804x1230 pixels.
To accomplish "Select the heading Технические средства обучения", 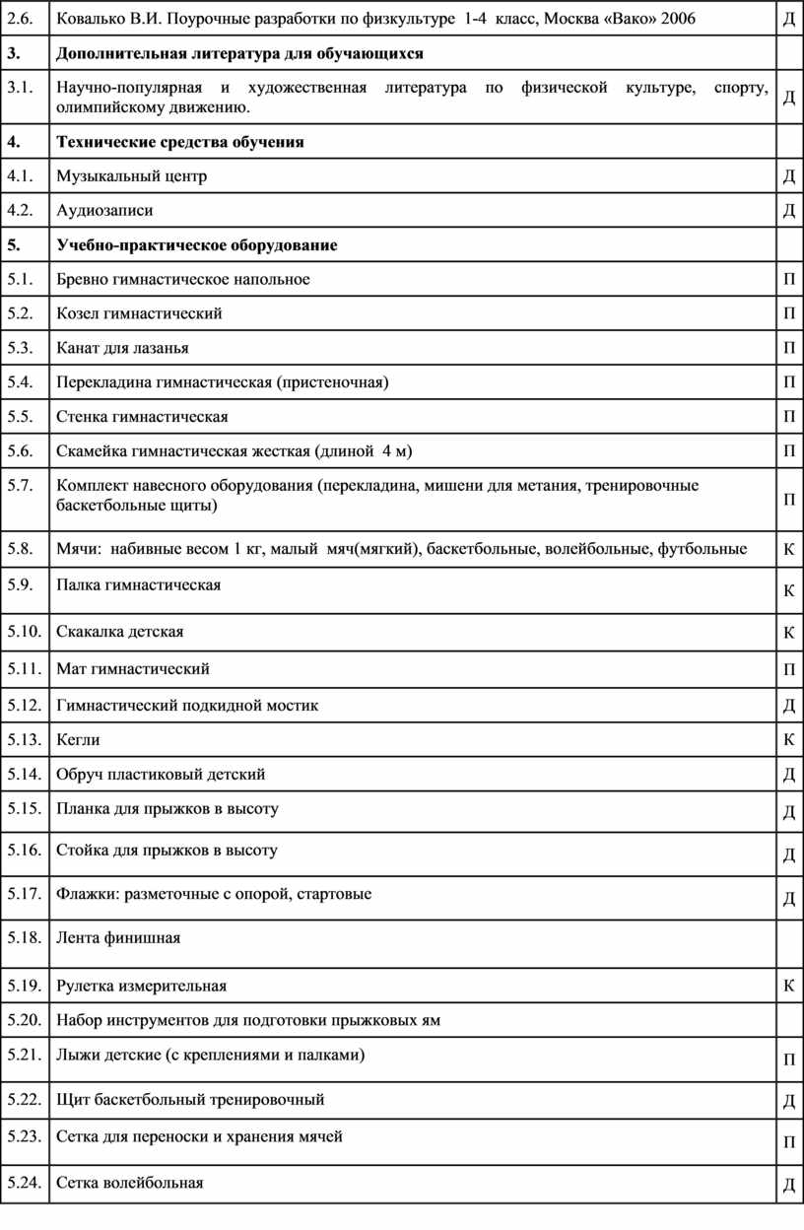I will point(180,142).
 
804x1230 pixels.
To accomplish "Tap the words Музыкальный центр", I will point(132,176).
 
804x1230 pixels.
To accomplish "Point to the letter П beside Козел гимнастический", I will point(789,314).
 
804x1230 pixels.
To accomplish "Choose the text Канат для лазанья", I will point(123,348).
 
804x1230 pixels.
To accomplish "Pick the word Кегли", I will point(79,739).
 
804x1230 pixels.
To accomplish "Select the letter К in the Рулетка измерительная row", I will point(789,986).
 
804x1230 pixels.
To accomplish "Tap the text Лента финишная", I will point(119,937).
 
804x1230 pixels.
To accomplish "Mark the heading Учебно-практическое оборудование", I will point(197,245).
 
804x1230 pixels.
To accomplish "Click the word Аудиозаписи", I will point(105,210).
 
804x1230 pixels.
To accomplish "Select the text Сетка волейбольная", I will point(130,1183).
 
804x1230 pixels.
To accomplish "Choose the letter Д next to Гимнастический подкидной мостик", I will point(789,706).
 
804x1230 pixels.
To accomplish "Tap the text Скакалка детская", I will point(120,631).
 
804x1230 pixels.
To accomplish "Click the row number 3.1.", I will point(20,89).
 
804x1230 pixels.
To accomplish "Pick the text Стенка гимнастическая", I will point(143,417).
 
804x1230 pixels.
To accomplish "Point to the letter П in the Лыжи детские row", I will point(789,1061).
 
